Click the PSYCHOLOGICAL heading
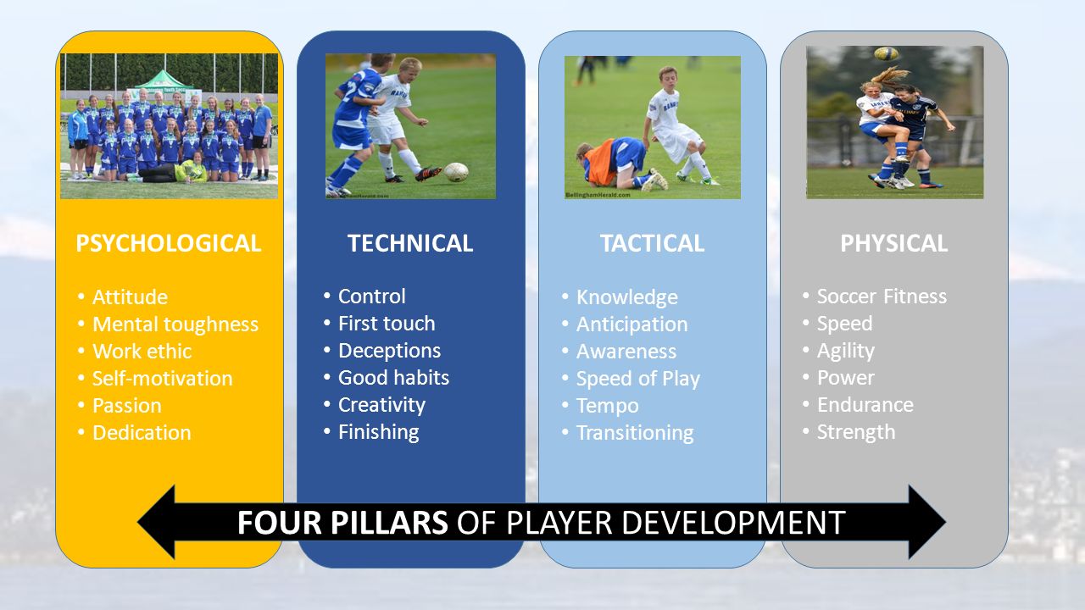[x=168, y=243]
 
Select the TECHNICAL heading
[x=410, y=243]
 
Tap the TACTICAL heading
[x=652, y=243]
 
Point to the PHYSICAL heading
[x=893, y=243]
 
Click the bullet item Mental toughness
[x=175, y=324]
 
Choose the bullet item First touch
[x=387, y=324]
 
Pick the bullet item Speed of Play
[x=638, y=379]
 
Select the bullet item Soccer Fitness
[x=882, y=297]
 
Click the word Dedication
[x=142, y=433]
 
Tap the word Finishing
[x=379, y=432]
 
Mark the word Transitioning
[x=635, y=433]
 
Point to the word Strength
[x=856, y=432]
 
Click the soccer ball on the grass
[x=456, y=172]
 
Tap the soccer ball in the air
[x=886, y=53]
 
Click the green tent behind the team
[x=164, y=80]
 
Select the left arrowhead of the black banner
[x=156, y=522]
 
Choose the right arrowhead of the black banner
[x=927, y=522]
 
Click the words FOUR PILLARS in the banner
[x=342, y=523]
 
